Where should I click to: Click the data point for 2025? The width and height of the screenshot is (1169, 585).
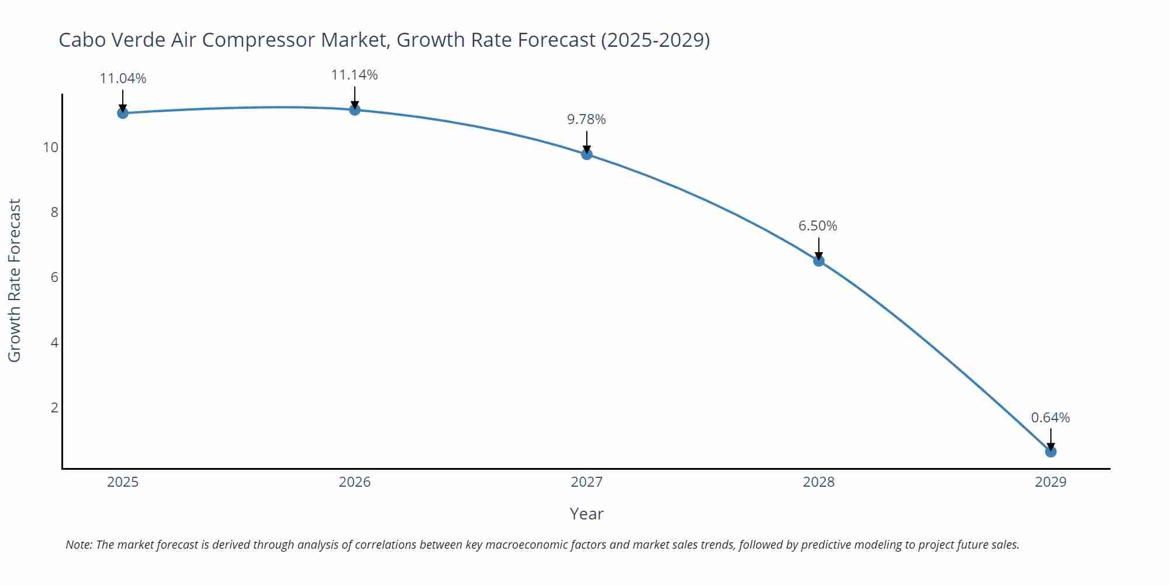[123, 113]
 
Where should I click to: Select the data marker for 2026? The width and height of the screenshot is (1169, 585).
[355, 109]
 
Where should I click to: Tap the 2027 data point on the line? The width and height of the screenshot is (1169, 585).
[587, 154]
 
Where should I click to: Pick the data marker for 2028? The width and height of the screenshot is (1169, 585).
[819, 260]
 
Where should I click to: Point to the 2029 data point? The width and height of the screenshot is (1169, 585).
[1051, 452]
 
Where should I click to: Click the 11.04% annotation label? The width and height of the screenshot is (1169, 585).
[123, 78]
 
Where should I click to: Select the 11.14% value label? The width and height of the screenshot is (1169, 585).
[355, 75]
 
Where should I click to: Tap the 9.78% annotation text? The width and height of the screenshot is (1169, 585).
[587, 119]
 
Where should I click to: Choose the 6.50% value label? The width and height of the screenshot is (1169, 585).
[818, 226]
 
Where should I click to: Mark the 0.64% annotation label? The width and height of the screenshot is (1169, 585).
[1050, 418]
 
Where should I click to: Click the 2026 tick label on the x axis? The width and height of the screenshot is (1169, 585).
[355, 482]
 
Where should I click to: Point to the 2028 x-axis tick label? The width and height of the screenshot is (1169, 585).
[819, 482]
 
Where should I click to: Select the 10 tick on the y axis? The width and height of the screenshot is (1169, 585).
[51, 147]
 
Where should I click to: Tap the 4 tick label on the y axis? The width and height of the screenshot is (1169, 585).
[54, 342]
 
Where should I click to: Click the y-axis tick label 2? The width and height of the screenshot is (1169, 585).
[54, 407]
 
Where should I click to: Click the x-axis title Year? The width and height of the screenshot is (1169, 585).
[586, 514]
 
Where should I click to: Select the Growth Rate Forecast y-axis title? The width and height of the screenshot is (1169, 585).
[15, 280]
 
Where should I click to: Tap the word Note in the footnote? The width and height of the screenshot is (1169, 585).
[78, 545]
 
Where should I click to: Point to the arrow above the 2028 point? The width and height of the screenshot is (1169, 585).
[819, 247]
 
